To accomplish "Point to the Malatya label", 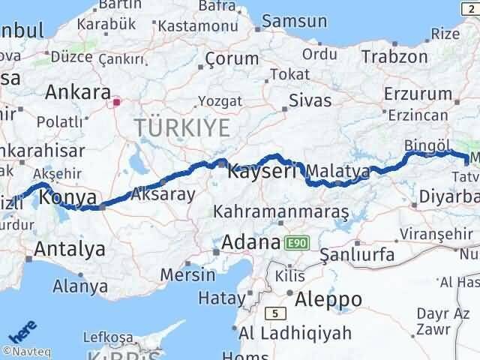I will point(338,171).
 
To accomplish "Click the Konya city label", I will point(67,198).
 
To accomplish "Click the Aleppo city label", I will point(328,298).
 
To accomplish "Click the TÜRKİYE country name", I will point(183,128).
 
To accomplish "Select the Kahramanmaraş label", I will point(281,213).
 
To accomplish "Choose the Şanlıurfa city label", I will point(357,255).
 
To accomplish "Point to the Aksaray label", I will point(163,194).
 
